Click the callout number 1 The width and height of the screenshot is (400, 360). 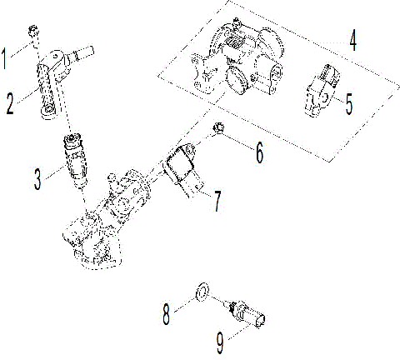click(7, 59)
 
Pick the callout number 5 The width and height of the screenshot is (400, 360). click(349, 104)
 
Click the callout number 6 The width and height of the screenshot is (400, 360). click(260, 152)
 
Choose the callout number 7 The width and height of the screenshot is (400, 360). click(217, 199)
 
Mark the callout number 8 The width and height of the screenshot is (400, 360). click(167, 314)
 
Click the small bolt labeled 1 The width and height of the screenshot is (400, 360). click(34, 33)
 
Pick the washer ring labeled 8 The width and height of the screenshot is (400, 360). click(200, 292)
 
